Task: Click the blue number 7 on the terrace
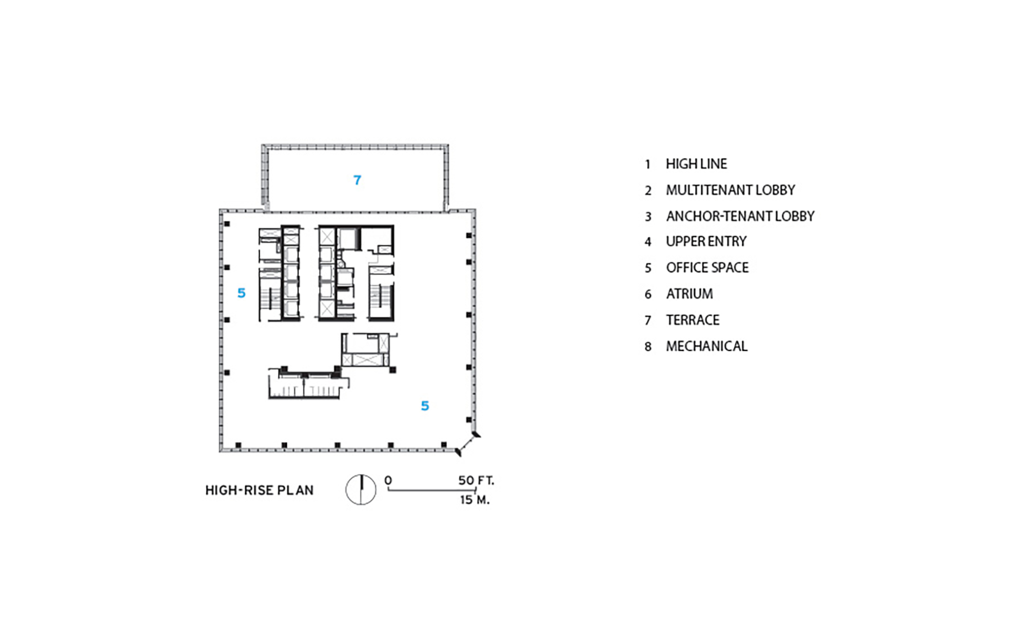click(x=357, y=180)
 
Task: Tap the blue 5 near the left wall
click(x=242, y=293)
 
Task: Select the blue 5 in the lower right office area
click(x=425, y=406)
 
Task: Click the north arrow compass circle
click(x=361, y=489)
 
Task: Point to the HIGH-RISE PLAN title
click(x=259, y=491)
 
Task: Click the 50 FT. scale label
click(x=476, y=480)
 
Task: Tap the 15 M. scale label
click(x=475, y=500)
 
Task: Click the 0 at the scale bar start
click(x=388, y=480)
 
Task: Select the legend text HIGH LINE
click(x=696, y=164)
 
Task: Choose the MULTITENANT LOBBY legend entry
click(x=731, y=190)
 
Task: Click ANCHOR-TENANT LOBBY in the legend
click(x=740, y=216)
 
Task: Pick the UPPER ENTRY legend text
click(x=706, y=241)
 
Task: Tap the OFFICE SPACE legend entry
click(x=707, y=267)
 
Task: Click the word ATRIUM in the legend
click(x=689, y=293)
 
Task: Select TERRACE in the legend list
click(x=693, y=320)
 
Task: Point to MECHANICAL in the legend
click(x=706, y=346)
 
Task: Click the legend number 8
click(x=648, y=347)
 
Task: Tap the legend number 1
click(x=648, y=164)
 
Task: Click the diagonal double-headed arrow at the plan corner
click(x=467, y=444)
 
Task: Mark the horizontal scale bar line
click(x=432, y=490)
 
